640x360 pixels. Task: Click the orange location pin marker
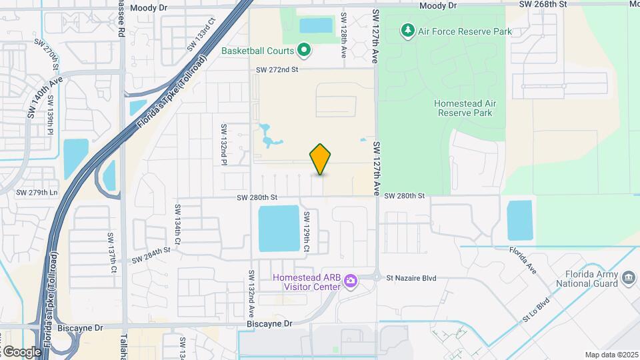click(320, 159)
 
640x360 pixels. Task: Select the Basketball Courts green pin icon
click(304, 49)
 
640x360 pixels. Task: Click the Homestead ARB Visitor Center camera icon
click(350, 281)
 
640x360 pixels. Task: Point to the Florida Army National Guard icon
click(627, 277)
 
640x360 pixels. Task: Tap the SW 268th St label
click(545, 5)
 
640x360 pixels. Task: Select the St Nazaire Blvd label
click(412, 278)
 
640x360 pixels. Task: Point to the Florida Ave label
click(523, 261)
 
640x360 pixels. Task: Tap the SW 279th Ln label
click(37, 193)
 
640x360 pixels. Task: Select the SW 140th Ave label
click(45, 97)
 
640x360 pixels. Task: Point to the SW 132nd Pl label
click(224, 143)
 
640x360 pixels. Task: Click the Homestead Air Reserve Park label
click(463, 108)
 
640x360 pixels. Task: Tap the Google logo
click(21, 351)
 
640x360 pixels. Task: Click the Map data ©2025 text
click(611, 355)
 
